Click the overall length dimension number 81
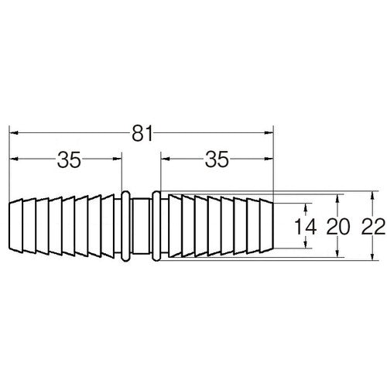point(141,133)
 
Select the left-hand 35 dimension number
point(68,160)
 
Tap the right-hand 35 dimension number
point(216,160)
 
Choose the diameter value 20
point(338,227)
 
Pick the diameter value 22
point(372,227)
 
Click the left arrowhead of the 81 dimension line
point(13,133)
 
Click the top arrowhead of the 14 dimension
point(308,207)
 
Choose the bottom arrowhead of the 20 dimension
point(338,255)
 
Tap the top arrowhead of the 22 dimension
point(372,194)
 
